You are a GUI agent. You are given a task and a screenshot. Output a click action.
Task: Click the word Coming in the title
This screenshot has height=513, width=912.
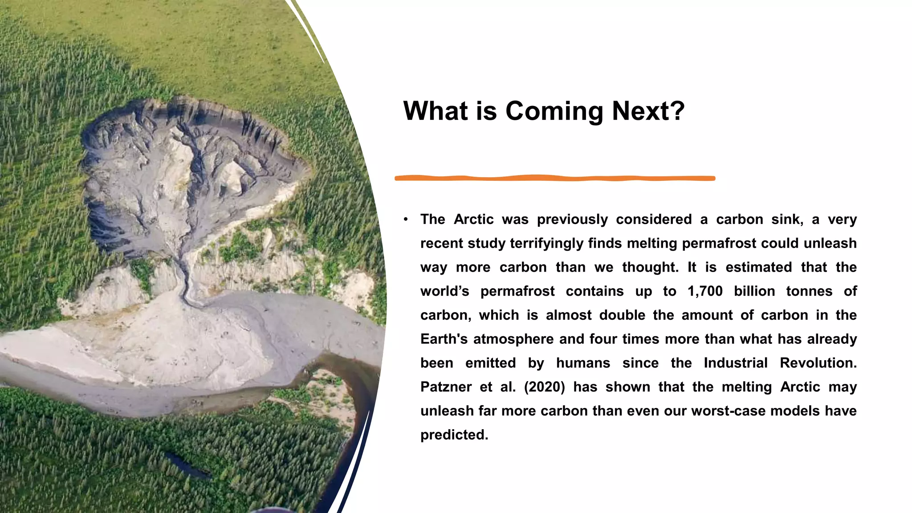pos(554,111)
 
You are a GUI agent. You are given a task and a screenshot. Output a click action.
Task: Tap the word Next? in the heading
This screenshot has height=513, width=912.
pos(648,111)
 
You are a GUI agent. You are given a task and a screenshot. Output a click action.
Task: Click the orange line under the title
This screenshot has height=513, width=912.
pos(555,178)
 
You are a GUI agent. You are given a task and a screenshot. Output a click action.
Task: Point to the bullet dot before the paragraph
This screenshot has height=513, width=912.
pos(406,219)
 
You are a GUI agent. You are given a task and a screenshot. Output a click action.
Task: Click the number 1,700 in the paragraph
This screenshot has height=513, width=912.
pos(705,291)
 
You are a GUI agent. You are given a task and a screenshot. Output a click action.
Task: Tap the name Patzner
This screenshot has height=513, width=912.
pos(446,387)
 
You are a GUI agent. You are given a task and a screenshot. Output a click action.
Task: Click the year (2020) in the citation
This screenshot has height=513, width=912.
pos(544,387)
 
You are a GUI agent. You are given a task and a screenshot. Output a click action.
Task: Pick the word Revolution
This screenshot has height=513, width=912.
pos(818,363)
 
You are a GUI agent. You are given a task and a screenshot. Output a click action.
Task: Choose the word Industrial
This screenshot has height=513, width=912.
pos(736,363)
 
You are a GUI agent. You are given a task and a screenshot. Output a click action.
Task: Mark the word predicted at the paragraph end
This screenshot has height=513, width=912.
pos(454,435)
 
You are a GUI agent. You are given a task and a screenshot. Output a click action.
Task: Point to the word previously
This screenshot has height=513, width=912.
pos(572,219)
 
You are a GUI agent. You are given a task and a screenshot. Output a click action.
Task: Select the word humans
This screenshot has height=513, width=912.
pos(583,363)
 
